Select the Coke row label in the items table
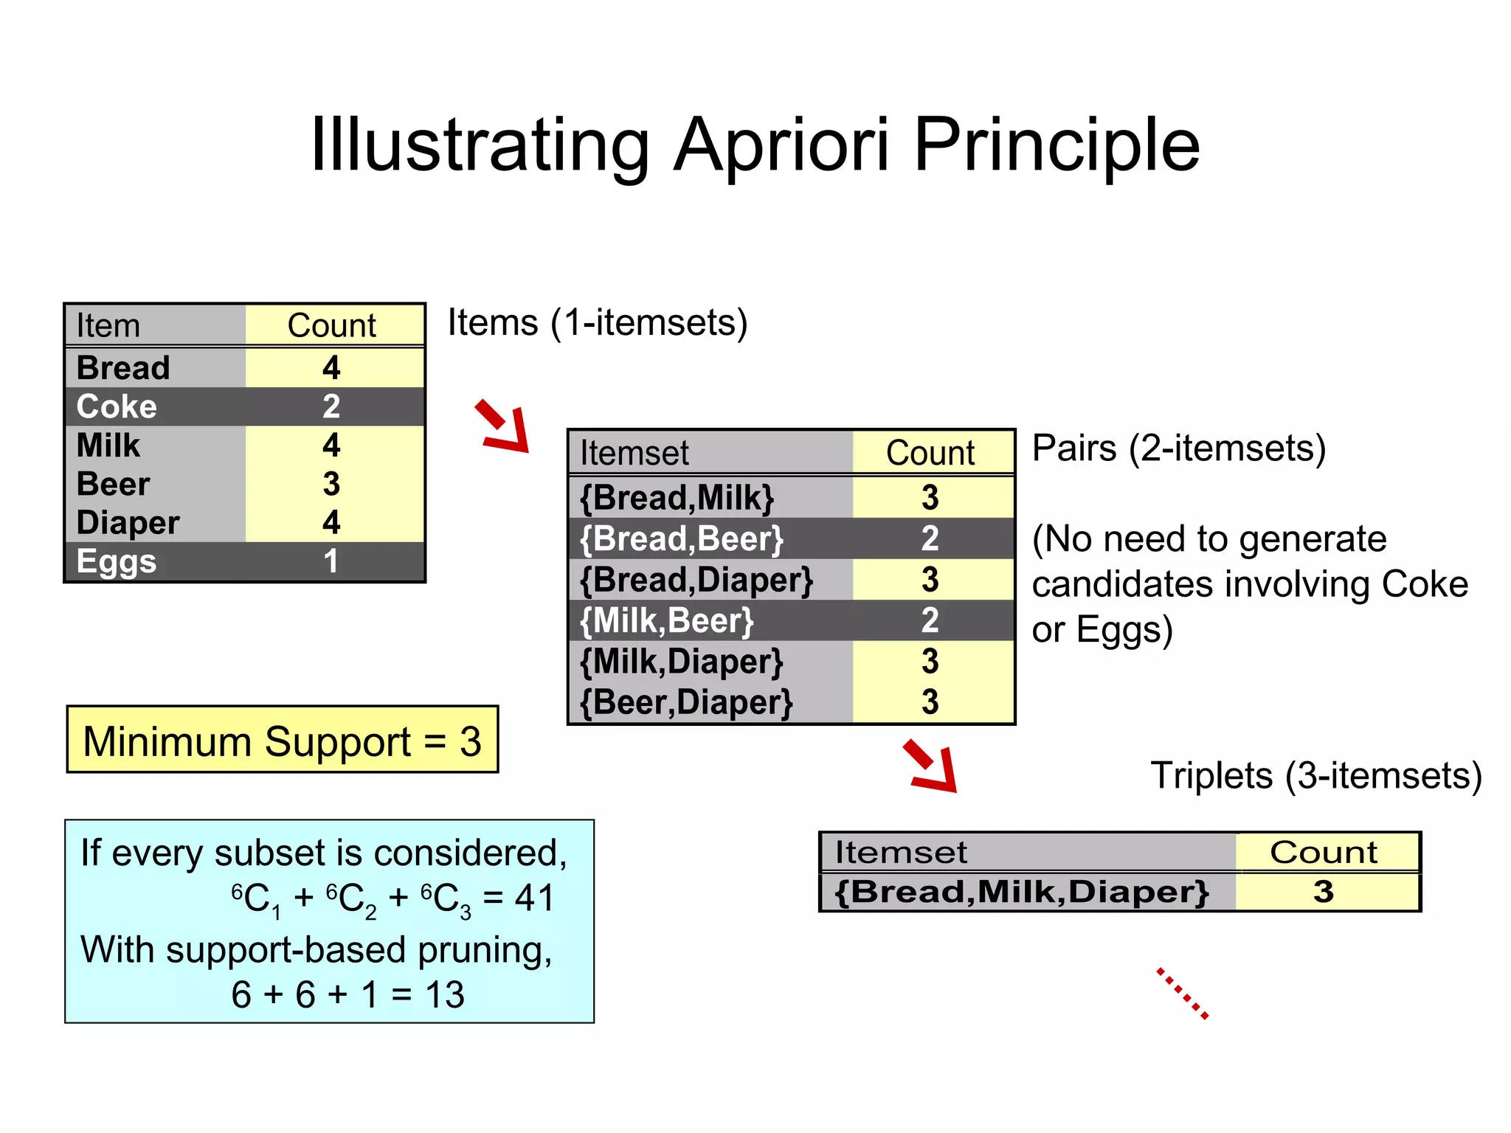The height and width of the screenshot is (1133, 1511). [117, 406]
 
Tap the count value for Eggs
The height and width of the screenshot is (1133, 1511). [331, 561]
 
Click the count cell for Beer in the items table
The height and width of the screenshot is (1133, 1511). [331, 484]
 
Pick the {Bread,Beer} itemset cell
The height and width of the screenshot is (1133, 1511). [681, 538]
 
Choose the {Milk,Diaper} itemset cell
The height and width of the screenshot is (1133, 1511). [681, 662]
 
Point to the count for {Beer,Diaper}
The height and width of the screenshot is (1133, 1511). [930, 702]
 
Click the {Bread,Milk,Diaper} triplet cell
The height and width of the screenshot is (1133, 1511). [1022, 892]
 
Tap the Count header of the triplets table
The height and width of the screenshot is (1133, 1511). [1324, 853]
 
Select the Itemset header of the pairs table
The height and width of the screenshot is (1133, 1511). [635, 453]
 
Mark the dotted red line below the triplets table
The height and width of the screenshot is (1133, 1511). [1183, 994]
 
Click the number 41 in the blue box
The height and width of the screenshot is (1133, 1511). [534, 898]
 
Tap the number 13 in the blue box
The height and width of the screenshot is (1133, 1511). [445, 995]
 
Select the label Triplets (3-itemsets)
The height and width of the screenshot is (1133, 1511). [1316, 776]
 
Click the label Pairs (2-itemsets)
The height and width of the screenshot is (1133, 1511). [1178, 448]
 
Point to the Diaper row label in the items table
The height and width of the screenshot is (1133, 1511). [128, 523]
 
